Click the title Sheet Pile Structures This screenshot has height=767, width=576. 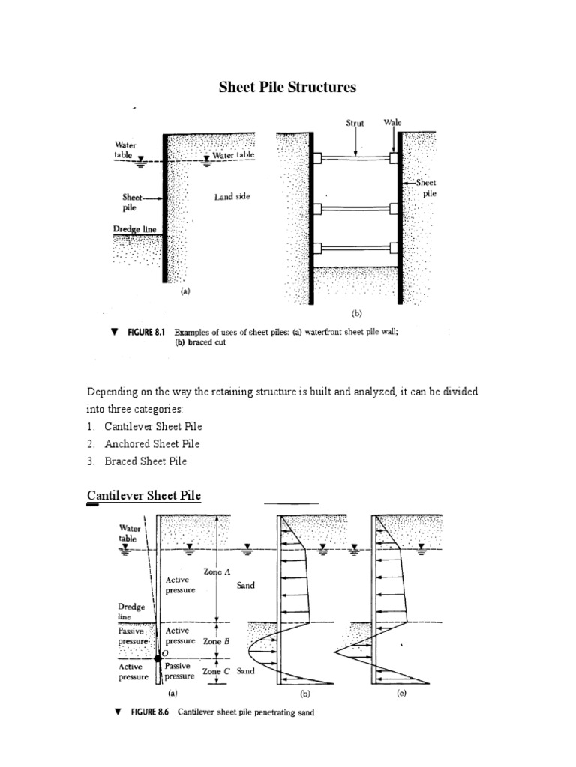pyautogui.click(x=288, y=88)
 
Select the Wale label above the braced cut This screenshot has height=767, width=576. pyautogui.click(x=393, y=121)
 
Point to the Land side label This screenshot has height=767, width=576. pyautogui.click(x=231, y=196)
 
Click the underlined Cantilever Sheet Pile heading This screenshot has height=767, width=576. pyautogui.click(x=144, y=495)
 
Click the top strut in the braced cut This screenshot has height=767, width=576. pyautogui.click(x=355, y=158)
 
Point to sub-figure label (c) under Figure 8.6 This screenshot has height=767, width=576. pyautogui.click(x=401, y=694)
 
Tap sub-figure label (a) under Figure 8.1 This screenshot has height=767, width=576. pyautogui.click(x=186, y=294)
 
